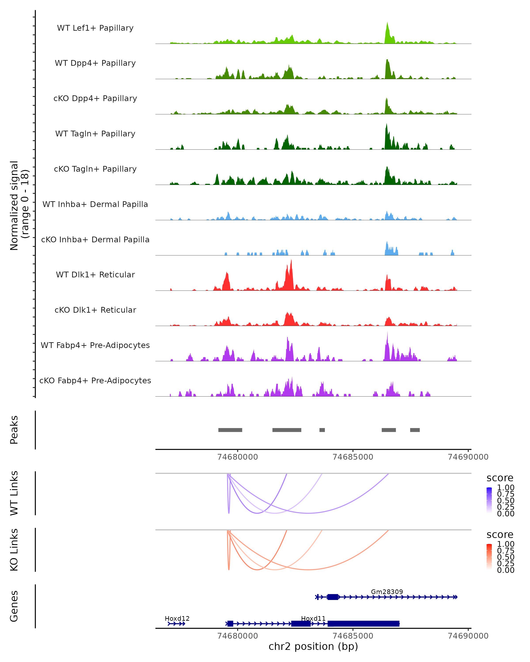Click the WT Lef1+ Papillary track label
[x=95, y=28]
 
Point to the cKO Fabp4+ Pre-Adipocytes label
[x=95, y=380]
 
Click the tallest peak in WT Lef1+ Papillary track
[x=387, y=23]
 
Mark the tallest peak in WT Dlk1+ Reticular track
[x=291, y=261]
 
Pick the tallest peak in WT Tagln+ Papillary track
[x=386, y=125]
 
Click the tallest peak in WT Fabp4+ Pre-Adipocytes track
[x=387, y=333]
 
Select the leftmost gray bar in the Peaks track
[x=230, y=430]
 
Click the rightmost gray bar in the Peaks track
[x=415, y=430]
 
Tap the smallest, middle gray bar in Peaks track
[x=322, y=430]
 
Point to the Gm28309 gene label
[x=387, y=592]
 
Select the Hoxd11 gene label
[x=313, y=618]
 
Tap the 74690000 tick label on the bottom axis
[x=468, y=636]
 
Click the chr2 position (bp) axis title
[x=313, y=647]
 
